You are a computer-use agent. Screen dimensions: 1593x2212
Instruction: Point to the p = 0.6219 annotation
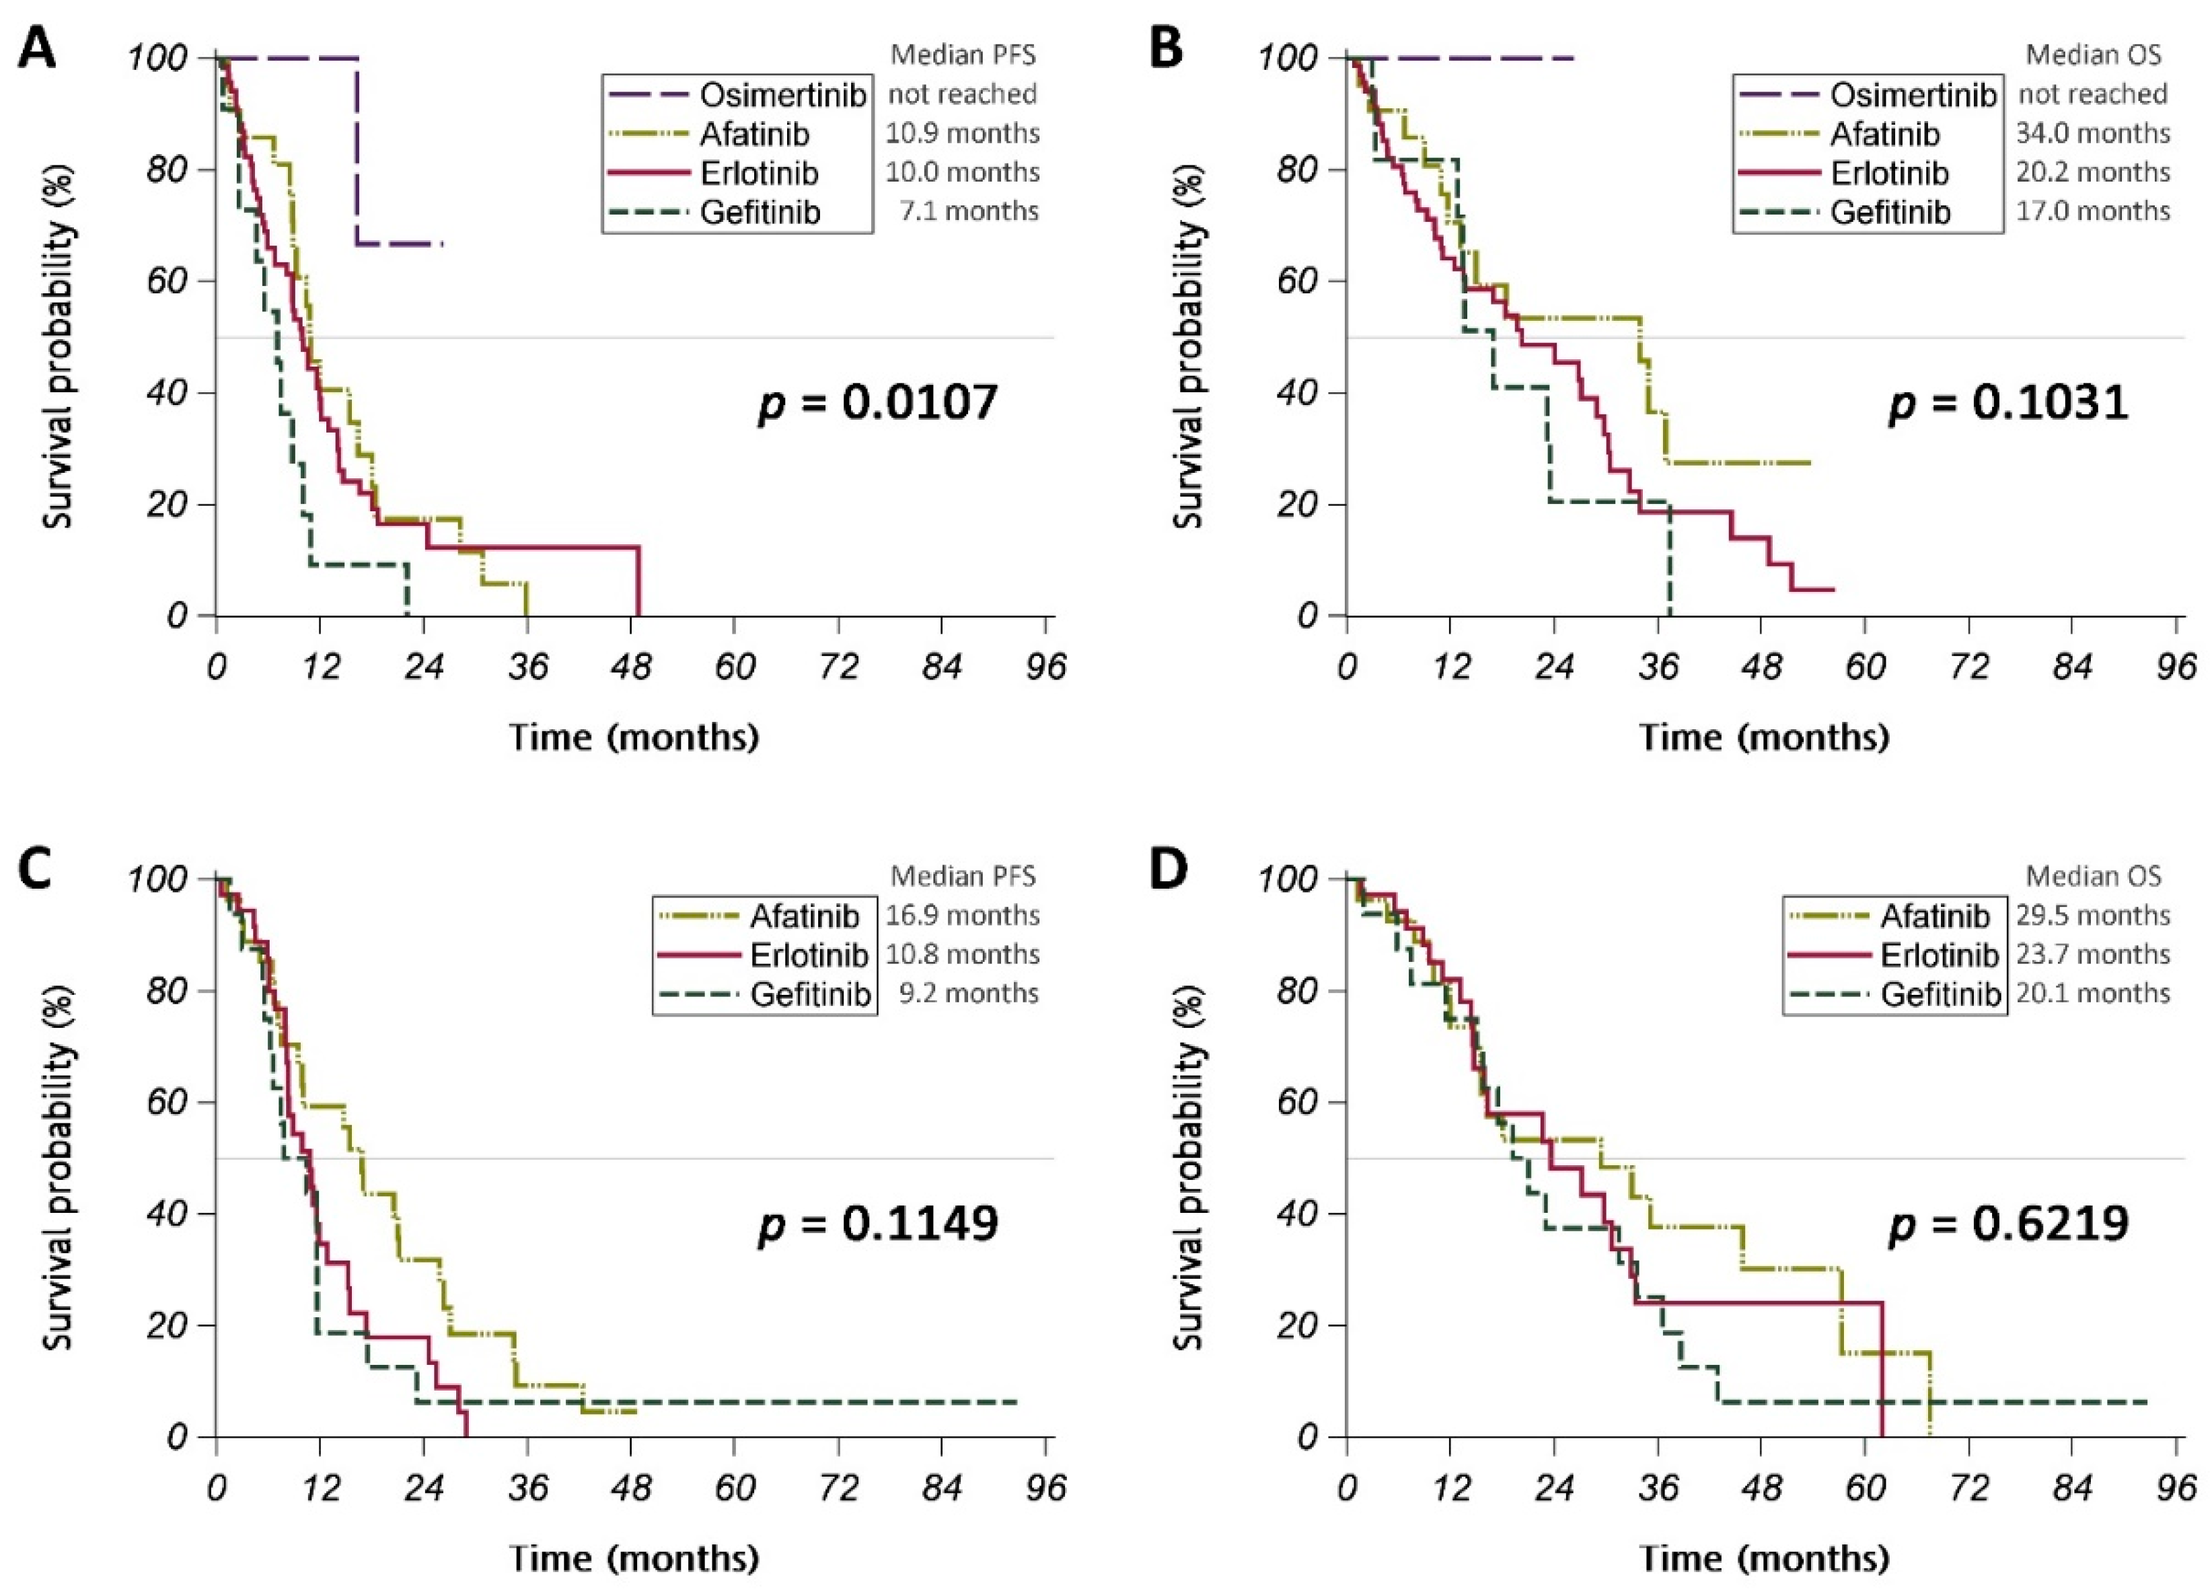tap(2008, 1223)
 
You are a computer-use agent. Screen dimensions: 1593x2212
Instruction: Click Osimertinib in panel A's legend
tap(782, 95)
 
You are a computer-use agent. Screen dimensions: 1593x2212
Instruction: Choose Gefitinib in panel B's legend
tap(1890, 212)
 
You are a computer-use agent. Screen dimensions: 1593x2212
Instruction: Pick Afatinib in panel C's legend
tap(804, 916)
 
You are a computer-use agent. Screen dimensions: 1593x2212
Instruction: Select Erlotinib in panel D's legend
tap(1939, 955)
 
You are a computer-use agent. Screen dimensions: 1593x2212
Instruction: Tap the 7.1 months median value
tap(969, 211)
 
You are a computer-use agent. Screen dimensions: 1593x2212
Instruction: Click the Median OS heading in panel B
tap(2093, 54)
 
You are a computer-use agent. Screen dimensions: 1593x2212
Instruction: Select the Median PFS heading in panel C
tap(963, 876)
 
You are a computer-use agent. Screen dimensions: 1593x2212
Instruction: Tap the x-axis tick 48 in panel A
tap(631, 667)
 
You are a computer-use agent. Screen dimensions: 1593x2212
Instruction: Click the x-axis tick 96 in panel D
tap(2176, 1489)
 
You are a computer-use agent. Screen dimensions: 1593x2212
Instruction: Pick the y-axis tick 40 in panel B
tap(1298, 393)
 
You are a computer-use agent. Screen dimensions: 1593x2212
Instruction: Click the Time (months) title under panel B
tap(1763, 737)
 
